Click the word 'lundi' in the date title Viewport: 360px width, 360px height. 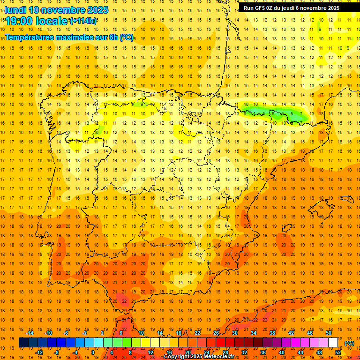(15, 10)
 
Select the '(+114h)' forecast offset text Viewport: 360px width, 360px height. (83, 21)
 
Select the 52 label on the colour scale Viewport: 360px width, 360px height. (338, 352)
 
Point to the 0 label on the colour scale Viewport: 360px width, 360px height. (93, 352)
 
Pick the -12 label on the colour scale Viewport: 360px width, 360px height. (39, 352)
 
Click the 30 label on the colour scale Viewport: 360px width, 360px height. (235, 333)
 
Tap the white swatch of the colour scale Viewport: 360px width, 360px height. (333, 343)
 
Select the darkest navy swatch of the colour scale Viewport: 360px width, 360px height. (23, 343)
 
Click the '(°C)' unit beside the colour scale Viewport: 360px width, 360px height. (349, 343)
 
